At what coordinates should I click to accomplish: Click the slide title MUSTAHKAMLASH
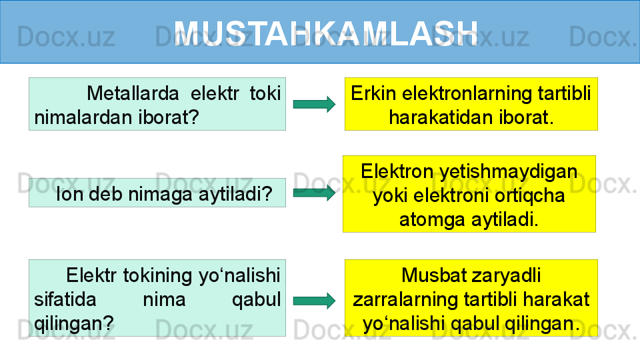tap(326, 33)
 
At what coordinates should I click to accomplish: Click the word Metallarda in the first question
tap(133, 93)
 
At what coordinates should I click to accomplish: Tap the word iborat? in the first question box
tap(168, 117)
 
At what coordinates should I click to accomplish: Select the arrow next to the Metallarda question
tap(314, 104)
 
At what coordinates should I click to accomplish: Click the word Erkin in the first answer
tap(373, 93)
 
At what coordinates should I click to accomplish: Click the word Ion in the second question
tap(69, 194)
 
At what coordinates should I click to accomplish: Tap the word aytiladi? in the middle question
tap(235, 194)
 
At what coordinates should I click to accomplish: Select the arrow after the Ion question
tap(314, 193)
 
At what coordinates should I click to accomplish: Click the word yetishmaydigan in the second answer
tap(509, 172)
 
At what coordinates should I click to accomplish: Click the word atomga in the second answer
tap(433, 220)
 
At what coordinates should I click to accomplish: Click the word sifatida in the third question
tap(65, 299)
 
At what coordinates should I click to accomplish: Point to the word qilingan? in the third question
tap(74, 324)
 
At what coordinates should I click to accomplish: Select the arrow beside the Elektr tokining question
tap(314, 301)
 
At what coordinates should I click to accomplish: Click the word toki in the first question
tap(265, 93)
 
